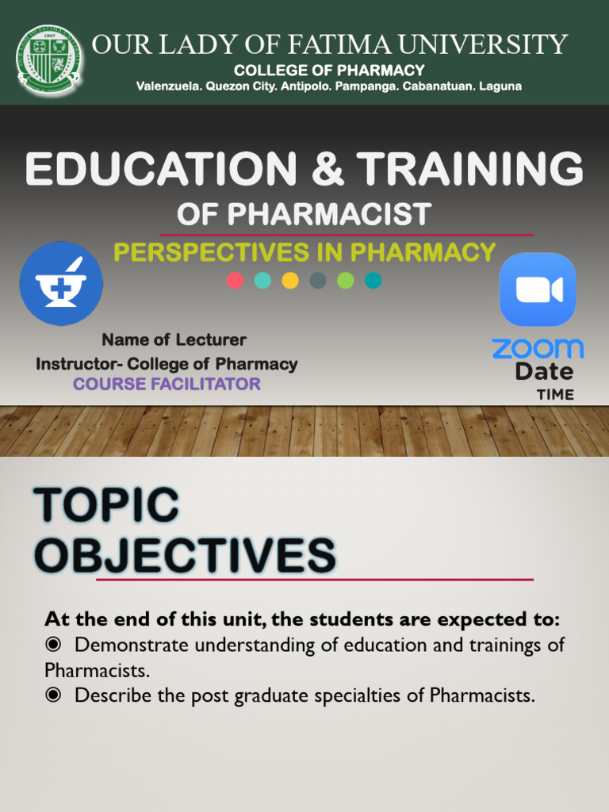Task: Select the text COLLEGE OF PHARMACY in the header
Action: [329, 71]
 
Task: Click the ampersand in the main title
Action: [327, 170]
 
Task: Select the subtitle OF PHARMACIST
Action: [304, 213]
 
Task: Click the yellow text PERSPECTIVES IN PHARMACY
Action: [304, 252]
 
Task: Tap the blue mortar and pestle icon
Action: [61, 283]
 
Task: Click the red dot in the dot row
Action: [235, 280]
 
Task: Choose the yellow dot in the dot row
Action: [290, 280]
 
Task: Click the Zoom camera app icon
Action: [538, 289]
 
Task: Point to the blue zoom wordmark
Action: [538, 348]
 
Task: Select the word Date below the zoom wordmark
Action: [544, 371]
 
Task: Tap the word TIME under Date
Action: [555, 394]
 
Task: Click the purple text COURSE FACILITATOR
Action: [167, 385]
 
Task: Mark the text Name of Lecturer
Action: [174, 340]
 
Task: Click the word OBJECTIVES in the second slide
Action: [185, 554]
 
